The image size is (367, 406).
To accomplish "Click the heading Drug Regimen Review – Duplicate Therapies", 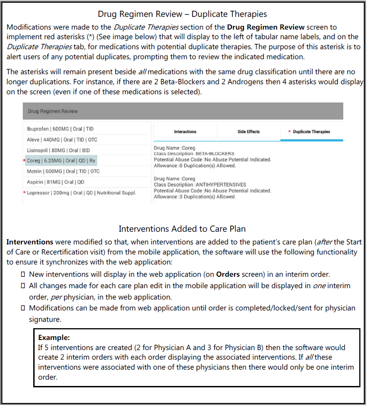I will coord(182,14).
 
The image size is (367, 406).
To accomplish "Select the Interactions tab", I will coord(185,132).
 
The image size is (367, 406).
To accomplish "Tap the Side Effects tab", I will coord(249,132).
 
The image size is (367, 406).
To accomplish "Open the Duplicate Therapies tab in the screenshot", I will coord(311,132).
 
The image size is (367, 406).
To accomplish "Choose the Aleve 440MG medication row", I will coord(62,140).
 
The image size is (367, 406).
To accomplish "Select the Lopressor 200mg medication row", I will coord(82,193).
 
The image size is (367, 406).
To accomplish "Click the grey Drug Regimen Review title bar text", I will coord(53,111).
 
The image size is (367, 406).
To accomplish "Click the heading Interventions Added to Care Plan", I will coord(182,228).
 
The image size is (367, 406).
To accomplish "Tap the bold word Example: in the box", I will coord(53,338).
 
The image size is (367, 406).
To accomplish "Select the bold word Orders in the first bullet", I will coord(228,274).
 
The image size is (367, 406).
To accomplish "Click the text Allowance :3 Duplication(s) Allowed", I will coord(195,197).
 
